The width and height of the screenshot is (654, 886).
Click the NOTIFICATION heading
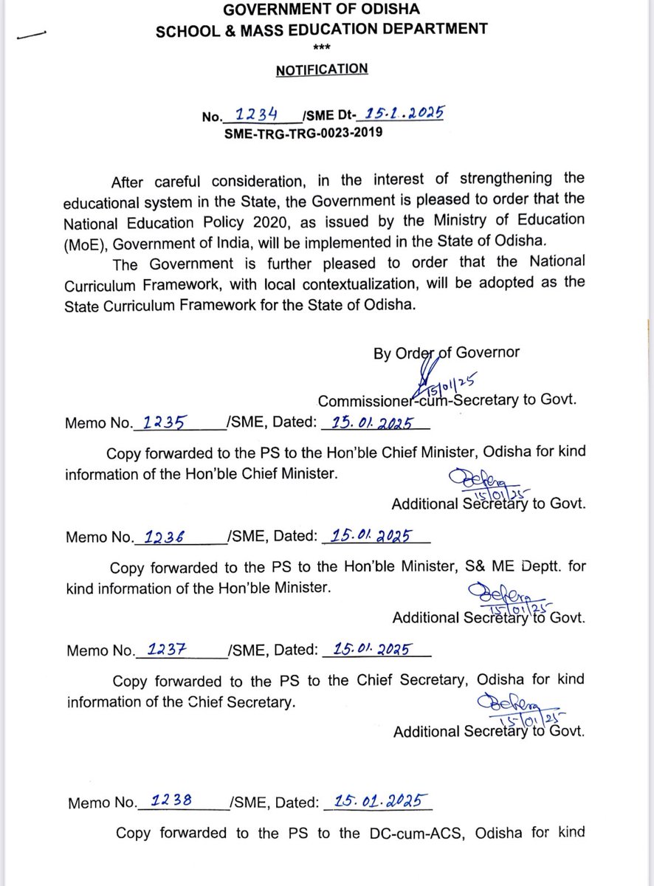pyautogui.click(x=321, y=70)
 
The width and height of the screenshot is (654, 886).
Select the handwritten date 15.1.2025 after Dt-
pyautogui.click(x=403, y=114)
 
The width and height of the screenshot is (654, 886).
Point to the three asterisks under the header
pyautogui.click(x=322, y=49)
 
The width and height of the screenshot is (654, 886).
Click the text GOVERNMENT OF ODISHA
pyautogui.click(x=321, y=10)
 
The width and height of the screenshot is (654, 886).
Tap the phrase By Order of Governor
pyautogui.click(x=446, y=353)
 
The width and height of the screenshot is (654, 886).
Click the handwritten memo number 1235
pyautogui.click(x=163, y=422)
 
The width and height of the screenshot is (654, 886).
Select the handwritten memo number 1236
pyautogui.click(x=163, y=537)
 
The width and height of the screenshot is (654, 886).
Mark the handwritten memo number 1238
pyautogui.click(x=171, y=801)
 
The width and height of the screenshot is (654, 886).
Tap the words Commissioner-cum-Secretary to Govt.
pyautogui.click(x=447, y=401)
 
